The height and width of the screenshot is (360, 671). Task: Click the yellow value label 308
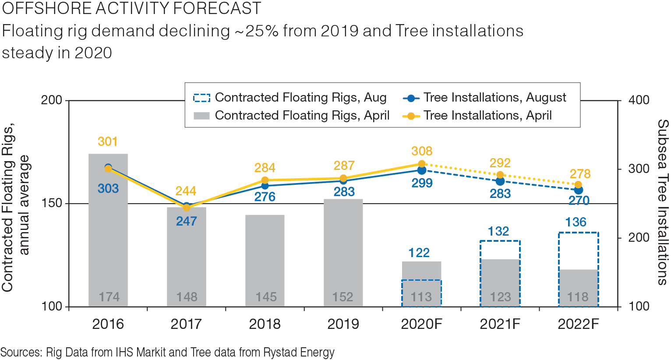tap(422, 151)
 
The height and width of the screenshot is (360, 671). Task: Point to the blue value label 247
tap(187, 221)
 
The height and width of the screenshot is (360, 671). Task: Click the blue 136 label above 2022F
tap(576, 222)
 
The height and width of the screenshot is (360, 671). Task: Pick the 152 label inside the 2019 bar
tap(343, 297)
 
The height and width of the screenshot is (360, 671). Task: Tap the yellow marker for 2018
tap(265, 180)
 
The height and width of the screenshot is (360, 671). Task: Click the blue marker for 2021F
tap(500, 181)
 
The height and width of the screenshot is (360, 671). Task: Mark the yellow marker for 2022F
tap(578, 184)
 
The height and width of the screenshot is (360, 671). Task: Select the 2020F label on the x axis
tap(422, 324)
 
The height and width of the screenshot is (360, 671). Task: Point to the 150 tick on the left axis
tap(51, 204)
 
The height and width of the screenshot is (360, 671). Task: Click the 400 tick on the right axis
tap(639, 100)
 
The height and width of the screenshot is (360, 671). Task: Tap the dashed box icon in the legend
tap(201, 98)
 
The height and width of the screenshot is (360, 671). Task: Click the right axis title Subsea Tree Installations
tap(662, 202)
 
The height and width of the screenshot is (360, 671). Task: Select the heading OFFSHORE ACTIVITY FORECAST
tap(131, 8)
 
